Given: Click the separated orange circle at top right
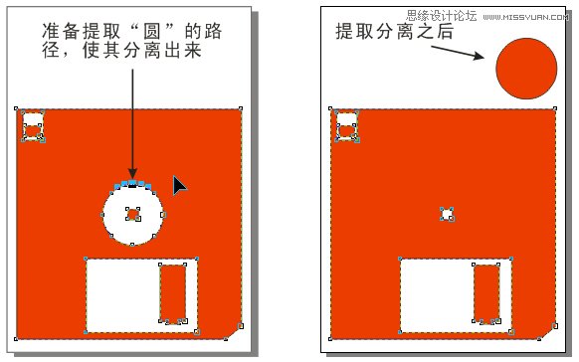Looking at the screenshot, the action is click(x=525, y=69).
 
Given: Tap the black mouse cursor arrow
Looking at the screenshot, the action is click(x=179, y=186).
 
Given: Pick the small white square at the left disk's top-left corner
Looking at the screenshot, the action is click(x=33, y=127).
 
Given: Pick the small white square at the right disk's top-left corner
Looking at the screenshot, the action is click(x=347, y=126).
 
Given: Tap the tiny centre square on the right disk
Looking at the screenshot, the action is click(x=448, y=214).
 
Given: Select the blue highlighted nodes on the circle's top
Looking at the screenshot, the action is click(x=132, y=184).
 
